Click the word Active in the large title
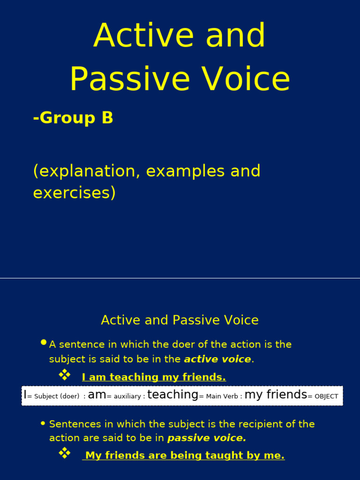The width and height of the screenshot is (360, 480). point(130,36)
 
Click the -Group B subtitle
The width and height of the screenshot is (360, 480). point(73,118)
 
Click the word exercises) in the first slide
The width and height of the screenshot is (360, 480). point(74,192)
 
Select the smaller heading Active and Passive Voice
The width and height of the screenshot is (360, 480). point(180,320)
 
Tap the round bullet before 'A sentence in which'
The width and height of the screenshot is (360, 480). point(44,343)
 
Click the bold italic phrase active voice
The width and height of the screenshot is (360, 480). point(217,360)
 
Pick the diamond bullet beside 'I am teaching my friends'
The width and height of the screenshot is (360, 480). point(64,375)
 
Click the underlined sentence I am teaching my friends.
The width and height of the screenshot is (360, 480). point(154,377)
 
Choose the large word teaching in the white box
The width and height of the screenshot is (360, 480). point(172,395)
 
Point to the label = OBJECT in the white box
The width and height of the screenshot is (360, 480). point(323,397)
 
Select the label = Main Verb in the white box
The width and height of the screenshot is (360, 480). point(219,397)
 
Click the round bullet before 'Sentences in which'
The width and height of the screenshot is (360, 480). point(44,423)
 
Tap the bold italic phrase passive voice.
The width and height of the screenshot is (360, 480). point(206,438)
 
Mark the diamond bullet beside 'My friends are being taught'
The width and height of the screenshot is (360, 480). point(64,453)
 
